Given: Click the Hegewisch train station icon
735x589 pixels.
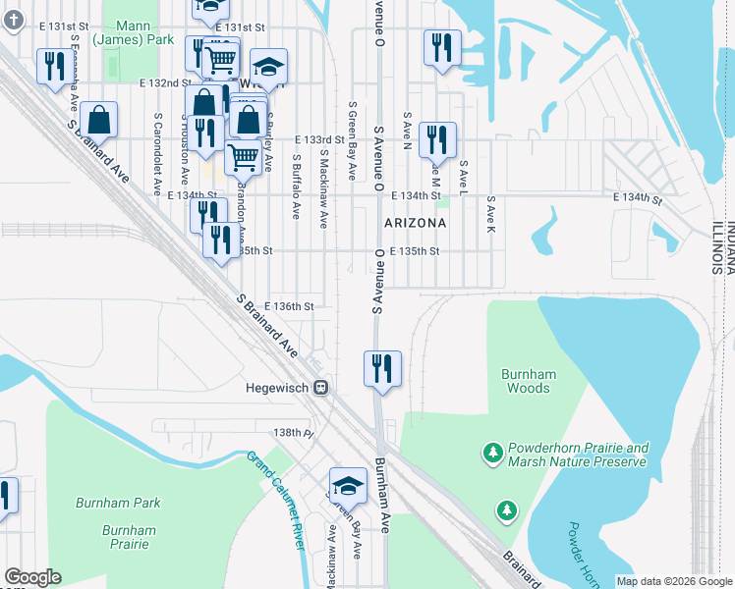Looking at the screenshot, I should pos(320,388).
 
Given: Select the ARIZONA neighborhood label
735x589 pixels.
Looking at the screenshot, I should pos(415,223).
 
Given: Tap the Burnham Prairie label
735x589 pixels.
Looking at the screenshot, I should pos(129,536).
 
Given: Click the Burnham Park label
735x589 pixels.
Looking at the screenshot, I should pos(118,503).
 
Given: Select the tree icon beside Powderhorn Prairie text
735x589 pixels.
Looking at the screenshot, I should pos(491,453).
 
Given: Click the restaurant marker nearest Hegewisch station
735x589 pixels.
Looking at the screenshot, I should pos(380,368).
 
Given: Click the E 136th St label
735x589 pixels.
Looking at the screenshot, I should pos(288,306).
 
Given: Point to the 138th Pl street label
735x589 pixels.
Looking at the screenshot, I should pos(292,432).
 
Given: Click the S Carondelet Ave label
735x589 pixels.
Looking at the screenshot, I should pos(157,153).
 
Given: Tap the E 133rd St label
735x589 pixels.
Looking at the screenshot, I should pos(319,141).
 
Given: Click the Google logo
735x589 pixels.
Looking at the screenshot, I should pos(32,577).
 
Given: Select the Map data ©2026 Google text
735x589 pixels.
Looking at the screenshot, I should pos(674,581).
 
